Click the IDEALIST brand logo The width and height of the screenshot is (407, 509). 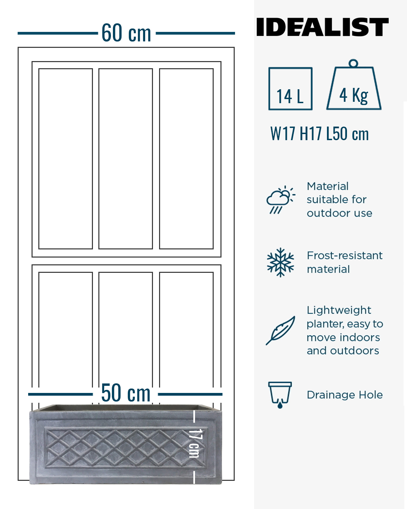322,27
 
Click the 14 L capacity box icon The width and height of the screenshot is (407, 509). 290,89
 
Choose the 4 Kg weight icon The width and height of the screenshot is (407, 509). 354,85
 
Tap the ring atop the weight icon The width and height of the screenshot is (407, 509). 353,63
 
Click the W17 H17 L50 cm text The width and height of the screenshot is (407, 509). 319,134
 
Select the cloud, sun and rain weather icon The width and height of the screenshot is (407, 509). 281,200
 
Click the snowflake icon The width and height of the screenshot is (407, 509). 280,262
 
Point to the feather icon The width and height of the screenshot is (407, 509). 280,331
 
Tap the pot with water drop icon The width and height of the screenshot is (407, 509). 280,395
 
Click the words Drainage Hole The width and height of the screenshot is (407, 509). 345,395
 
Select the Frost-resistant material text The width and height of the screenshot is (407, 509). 345,262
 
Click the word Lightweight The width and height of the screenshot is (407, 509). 339,310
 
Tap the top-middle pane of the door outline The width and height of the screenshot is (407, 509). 125,159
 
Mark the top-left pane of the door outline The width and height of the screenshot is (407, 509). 65,159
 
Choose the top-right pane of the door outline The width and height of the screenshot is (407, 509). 186,159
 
